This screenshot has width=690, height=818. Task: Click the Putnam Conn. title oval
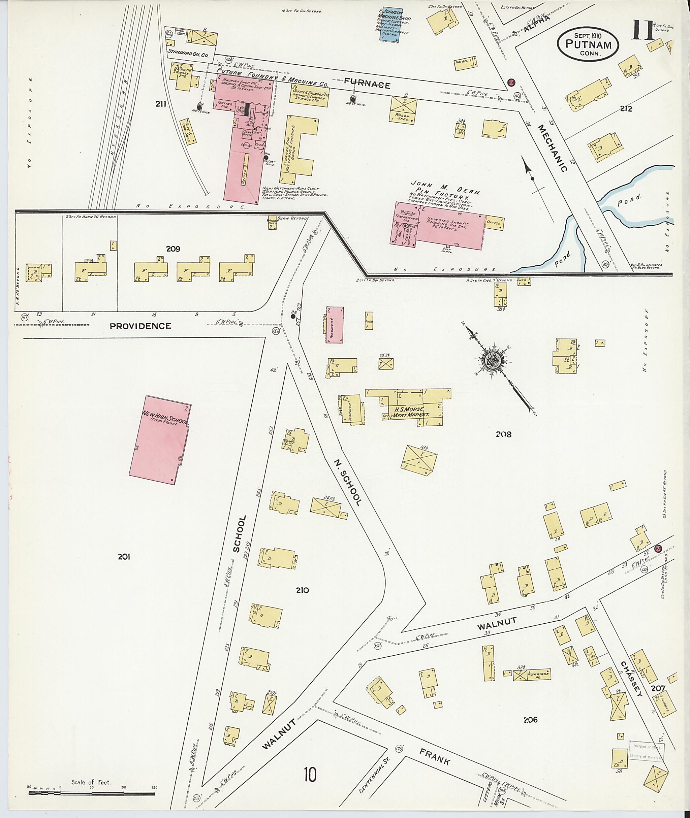[x=588, y=44]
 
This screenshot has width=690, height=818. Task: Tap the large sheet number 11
[x=642, y=32]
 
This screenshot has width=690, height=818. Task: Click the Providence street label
[x=140, y=326]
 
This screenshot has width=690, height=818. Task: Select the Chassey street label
[x=631, y=678]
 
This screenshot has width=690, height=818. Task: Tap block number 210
[x=302, y=590]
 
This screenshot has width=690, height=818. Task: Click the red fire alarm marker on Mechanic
[x=510, y=82]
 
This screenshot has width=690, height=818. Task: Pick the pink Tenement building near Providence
[x=335, y=325]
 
